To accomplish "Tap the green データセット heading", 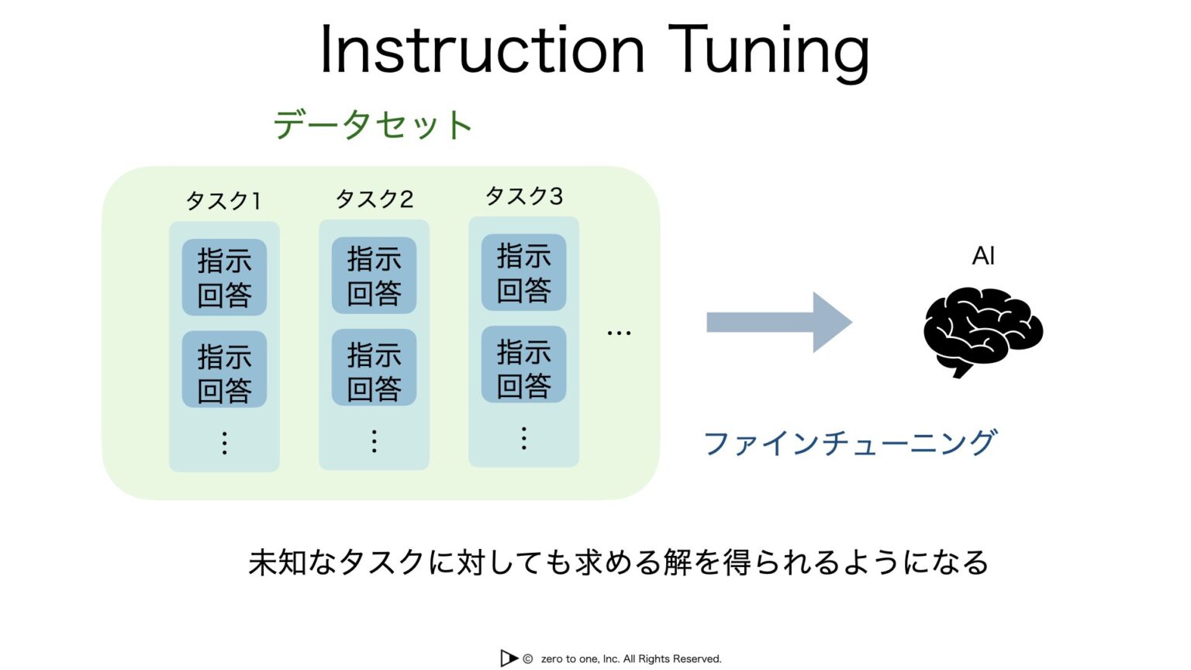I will pos(372,125).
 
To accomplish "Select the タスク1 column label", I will pos(223,201).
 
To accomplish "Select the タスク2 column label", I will pos(374,199).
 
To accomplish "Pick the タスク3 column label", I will pos(523,196).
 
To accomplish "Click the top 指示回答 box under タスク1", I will pos(224,277).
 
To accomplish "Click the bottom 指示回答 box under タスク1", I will pos(224,370).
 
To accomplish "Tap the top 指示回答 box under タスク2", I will pos(374,275).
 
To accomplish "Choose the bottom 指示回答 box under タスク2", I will pos(374,368).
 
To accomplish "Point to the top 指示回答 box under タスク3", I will pos(523,272).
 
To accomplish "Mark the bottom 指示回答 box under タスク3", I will pos(523,364).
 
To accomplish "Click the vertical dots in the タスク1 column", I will pos(224,443).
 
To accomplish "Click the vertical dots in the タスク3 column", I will pos(523,438).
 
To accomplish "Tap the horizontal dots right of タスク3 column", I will pos(619,333).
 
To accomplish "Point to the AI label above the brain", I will pos(983,256).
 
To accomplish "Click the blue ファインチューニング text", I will pos(849,443).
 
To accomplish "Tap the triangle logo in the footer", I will pos(509,658).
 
